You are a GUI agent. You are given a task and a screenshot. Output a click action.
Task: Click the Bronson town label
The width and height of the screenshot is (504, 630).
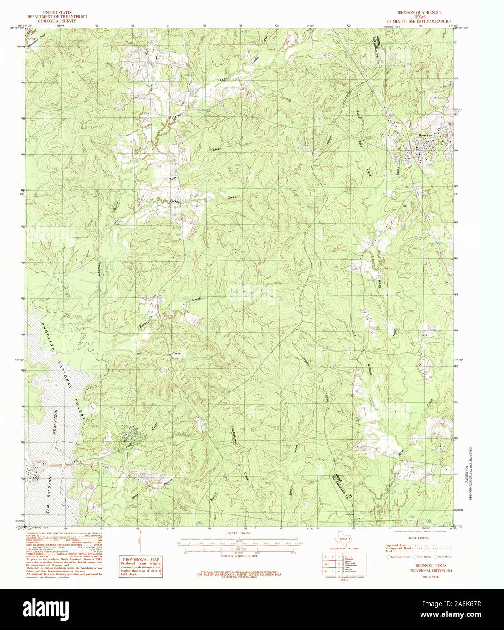(426, 136)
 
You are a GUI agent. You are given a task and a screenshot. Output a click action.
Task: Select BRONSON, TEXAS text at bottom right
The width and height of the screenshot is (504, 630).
(428, 566)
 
